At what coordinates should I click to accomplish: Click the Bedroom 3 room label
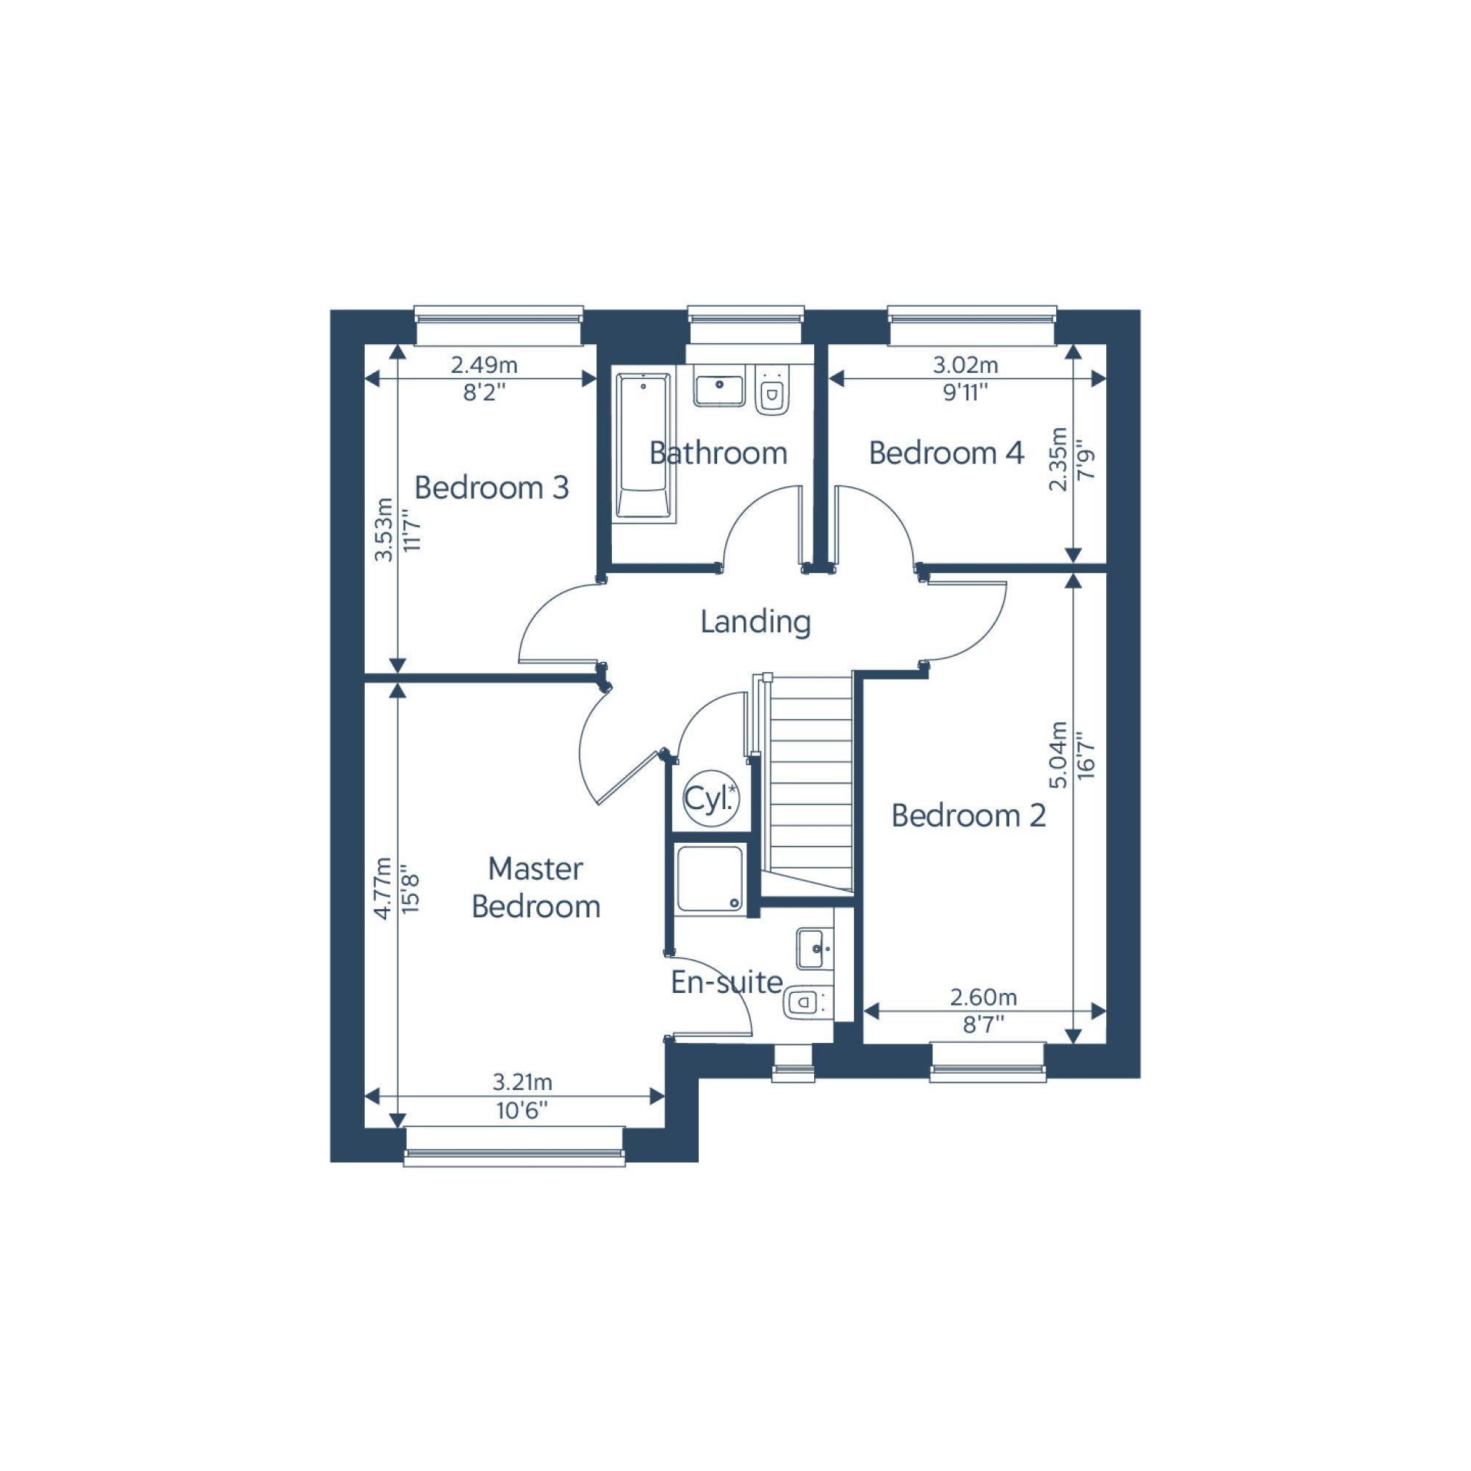pyautogui.click(x=491, y=488)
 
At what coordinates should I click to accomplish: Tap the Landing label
pyautogui.click(x=755, y=621)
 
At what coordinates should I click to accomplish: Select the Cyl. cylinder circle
pyautogui.click(x=711, y=798)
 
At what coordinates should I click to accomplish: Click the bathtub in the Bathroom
pyautogui.click(x=644, y=448)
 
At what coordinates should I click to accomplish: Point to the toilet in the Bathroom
pyautogui.click(x=773, y=391)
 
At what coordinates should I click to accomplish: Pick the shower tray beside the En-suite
pyautogui.click(x=710, y=878)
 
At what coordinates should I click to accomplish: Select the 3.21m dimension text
pyautogui.click(x=522, y=1081)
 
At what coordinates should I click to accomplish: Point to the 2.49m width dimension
pyautogui.click(x=484, y=365)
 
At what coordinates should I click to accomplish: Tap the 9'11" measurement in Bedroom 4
pyautogui.click(x=965, y=393)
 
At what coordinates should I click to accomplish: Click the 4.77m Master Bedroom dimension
pyautogui.click(x=383, y=888)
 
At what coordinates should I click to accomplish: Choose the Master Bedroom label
pyautogui.click(x=536, y=887)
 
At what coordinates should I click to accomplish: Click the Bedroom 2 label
pyautogui.click(x=969, y=816)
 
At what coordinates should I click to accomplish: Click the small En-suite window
pyautogui.click(x=794, y=1064)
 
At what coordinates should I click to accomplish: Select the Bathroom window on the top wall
pyautogui.click(x=745, y=325)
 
